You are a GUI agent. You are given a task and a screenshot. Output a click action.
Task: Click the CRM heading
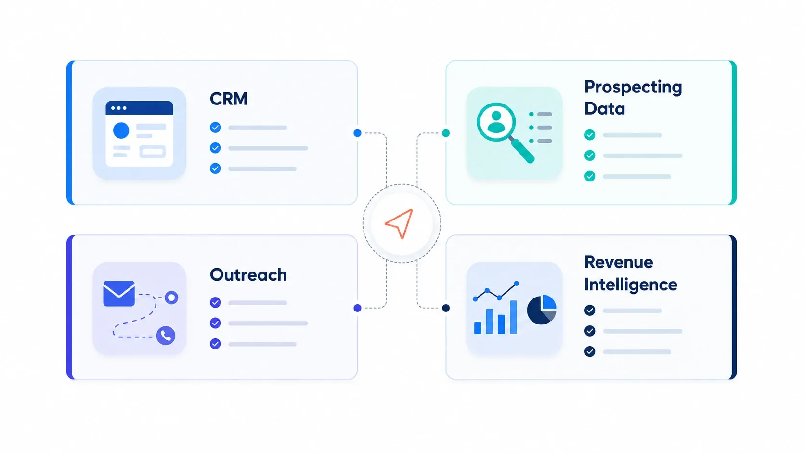pos(229,99)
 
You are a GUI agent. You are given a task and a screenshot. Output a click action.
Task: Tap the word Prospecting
pos(633,88)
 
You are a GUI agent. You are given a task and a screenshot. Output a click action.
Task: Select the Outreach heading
pos(248,275)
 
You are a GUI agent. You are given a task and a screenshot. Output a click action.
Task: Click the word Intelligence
pos(631,285)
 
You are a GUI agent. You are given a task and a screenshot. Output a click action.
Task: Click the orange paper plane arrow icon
pos(399,223)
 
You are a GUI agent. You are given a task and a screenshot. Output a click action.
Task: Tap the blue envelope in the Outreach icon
pos(119,294)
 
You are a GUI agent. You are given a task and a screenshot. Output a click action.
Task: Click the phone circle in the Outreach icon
pos(166,336)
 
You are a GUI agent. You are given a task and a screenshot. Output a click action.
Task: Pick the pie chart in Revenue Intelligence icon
pos(542,310)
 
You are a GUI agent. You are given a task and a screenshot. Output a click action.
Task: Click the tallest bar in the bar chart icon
pos(513,317)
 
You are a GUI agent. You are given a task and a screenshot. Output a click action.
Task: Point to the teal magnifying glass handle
pos(522,151)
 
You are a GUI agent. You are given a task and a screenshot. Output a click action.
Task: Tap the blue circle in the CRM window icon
pos(121,130)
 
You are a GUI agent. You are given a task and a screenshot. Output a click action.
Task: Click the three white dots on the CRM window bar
pos(118,108)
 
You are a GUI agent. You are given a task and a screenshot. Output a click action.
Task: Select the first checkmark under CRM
pos(215,128)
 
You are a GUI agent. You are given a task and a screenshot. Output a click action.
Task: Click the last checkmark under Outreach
pos(215,344)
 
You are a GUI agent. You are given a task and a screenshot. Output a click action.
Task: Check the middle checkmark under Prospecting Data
pos(590,155)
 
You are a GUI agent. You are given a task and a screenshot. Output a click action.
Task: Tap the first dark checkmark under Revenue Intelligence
pos(590,311)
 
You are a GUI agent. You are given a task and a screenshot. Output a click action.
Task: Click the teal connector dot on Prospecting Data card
pos(446,133)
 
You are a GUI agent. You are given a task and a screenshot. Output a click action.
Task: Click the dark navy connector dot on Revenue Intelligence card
pos(446,308)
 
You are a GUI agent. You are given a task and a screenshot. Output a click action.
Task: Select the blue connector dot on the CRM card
pos(357,133)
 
